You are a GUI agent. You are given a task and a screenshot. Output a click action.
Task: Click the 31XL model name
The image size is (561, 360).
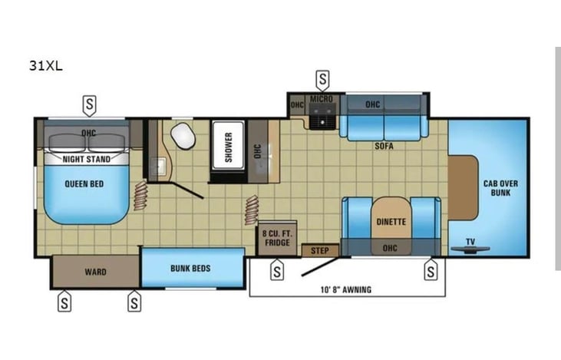point(46,66)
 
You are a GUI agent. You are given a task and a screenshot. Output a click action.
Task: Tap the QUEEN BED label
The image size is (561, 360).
point(84,184)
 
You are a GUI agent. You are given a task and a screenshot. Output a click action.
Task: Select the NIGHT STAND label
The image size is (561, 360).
point(87,159)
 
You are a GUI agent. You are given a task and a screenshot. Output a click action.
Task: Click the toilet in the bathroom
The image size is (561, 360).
point(183,136)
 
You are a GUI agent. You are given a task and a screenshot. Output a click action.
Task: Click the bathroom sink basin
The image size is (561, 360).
point(158,167)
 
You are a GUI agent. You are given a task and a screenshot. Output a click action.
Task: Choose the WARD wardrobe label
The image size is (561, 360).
point(95,272)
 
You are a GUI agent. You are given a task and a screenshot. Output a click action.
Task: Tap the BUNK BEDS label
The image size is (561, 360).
point(190,269)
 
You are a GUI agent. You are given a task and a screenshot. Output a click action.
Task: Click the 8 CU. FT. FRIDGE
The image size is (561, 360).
point(277,238)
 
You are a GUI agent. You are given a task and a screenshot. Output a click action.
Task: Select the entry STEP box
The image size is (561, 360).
point(320,250)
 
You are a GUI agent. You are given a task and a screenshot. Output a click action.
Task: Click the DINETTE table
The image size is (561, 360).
point(391,218)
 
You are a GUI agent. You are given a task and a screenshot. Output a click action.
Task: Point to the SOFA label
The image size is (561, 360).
point(384,146)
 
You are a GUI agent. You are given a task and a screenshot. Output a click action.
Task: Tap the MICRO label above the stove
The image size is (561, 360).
point(322,99)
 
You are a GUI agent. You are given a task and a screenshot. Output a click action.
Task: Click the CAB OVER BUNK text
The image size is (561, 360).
point(500,188)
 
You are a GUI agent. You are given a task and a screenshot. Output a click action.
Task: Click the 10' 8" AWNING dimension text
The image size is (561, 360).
point(346,289)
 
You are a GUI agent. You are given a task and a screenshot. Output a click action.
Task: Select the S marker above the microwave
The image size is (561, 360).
point(323,80)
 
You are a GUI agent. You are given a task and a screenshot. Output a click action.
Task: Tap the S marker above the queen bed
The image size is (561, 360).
point(89,106)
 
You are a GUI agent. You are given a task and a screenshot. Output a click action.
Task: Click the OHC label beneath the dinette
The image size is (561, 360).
point(390,248)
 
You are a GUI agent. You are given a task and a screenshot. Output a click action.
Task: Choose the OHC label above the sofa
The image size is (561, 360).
point(372,104)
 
